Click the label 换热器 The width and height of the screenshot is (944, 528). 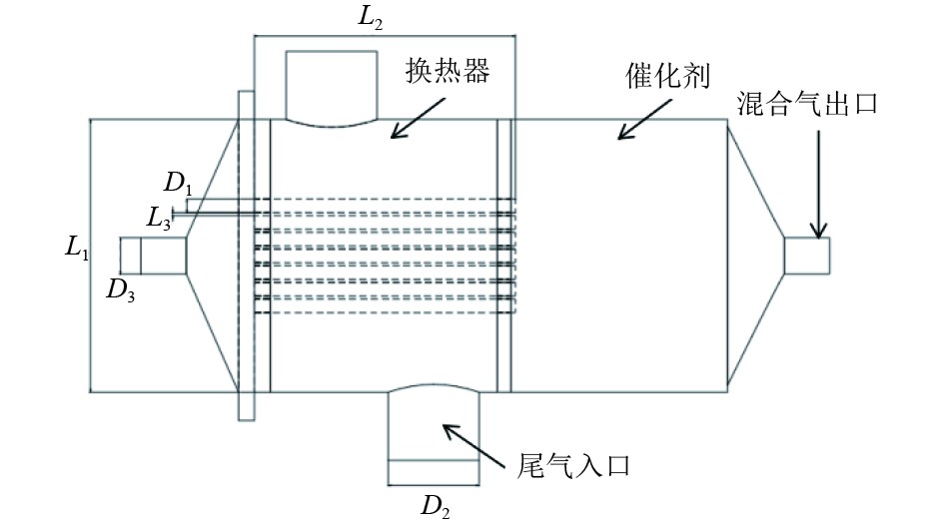click(449, 72)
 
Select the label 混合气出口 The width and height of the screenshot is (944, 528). click(807, 104)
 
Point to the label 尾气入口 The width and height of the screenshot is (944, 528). click(576, 465)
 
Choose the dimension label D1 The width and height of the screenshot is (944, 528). click(177, 183)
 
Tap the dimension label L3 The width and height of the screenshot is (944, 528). click(157, 217)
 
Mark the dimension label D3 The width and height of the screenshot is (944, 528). click(121, 289)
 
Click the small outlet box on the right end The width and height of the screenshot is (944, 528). click(806, 255)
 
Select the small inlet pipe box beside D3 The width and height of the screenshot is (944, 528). click(153, 255)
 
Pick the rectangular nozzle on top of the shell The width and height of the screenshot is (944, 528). click(331, 86)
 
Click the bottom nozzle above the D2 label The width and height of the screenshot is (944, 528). click(433, 434)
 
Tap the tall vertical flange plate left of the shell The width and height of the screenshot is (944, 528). click(246, 256)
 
